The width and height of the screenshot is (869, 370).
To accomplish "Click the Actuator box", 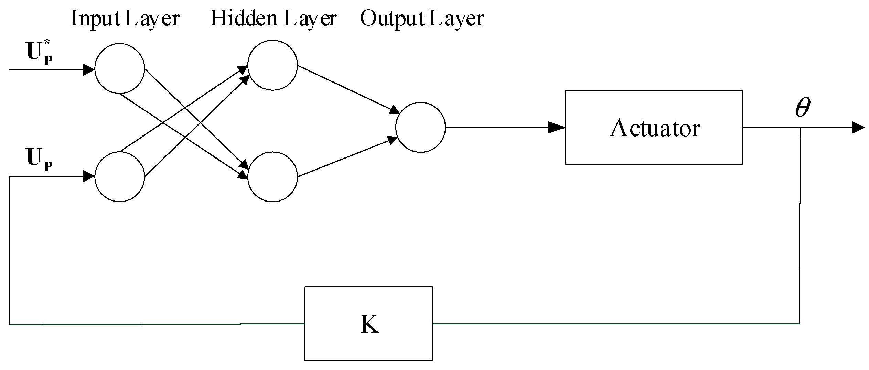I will coord(653,127).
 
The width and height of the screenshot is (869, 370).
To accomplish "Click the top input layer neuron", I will coord(119,68).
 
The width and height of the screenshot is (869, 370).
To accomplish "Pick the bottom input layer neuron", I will coord(119,176).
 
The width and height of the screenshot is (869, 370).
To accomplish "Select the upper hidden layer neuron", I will coord(272,65).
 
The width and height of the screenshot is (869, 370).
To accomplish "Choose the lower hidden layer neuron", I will coord(272,176).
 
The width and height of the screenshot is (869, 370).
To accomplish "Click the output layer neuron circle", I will coord(420,127).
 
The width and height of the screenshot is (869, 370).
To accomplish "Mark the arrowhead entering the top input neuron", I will coord(88,70).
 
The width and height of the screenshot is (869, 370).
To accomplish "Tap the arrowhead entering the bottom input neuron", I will coord(88,176).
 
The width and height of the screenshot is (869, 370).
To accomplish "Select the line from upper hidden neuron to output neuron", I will coord(347,89).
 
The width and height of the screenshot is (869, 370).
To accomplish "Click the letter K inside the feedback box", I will coord(369,324).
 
